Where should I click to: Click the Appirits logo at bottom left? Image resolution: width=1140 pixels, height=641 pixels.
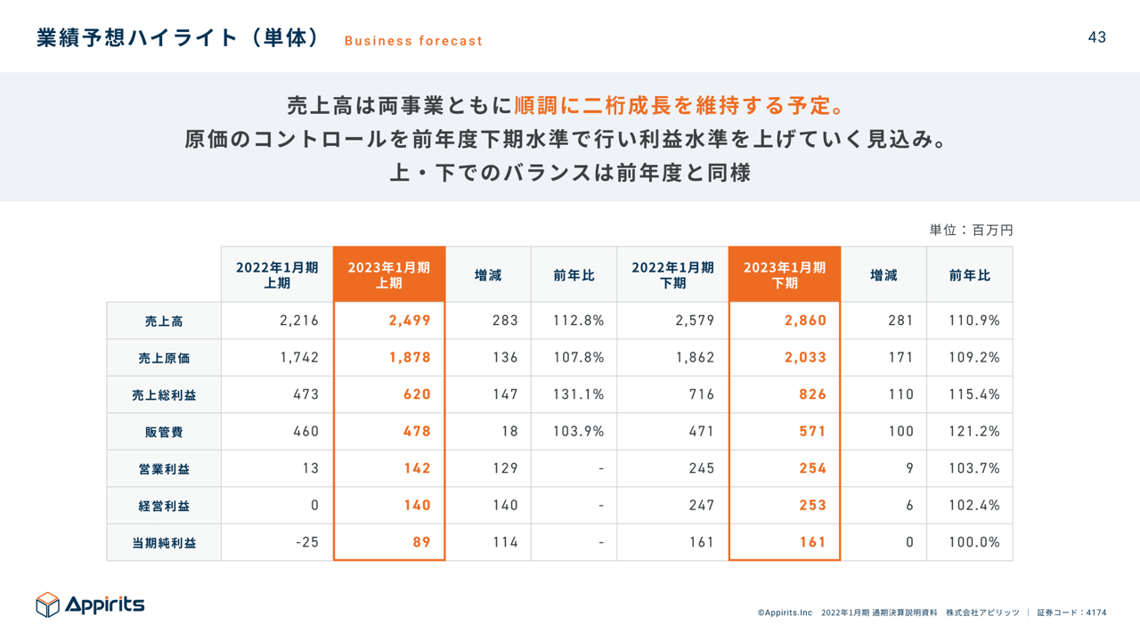(x=90, y=604)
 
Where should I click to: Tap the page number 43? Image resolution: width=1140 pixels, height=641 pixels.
(x=1096, y=37)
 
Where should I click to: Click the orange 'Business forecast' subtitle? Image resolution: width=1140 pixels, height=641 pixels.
(x=413, y=41)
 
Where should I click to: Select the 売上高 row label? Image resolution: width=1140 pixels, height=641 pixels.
(x=164, y=321)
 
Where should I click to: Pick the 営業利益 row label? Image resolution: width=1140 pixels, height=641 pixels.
(x=164, y=469)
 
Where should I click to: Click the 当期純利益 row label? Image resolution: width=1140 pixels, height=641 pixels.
(x=164, y=542)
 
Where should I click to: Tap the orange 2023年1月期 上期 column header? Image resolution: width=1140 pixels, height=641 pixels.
(x=389, y=275)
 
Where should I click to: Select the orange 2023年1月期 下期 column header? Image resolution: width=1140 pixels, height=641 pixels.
(x=785, y=275)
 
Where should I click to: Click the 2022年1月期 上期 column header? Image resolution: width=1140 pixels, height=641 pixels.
(x=277, y=275)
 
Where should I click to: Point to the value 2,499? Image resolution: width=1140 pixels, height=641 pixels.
(x=410, y=320)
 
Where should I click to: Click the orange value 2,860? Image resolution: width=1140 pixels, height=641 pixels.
(x=805, y=320)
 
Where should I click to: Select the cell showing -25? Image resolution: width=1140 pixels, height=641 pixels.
(x=306, y=542)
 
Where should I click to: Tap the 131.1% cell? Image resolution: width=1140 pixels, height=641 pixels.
(x=578, y=394)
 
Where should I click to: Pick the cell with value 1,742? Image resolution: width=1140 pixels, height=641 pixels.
(x=299, y=358)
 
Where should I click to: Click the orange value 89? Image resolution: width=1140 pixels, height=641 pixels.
(x=421, y=542)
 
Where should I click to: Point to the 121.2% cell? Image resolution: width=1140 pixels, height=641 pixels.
(x=973, y=432)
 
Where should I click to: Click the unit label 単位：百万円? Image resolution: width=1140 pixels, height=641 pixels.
(x=971, y=230)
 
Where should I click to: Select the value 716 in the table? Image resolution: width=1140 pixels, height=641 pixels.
(x=702, y=394)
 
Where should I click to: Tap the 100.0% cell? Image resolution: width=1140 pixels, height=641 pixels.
(x=973, y=542)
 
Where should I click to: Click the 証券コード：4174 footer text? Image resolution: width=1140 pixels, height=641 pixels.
(x=1071, y=613)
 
